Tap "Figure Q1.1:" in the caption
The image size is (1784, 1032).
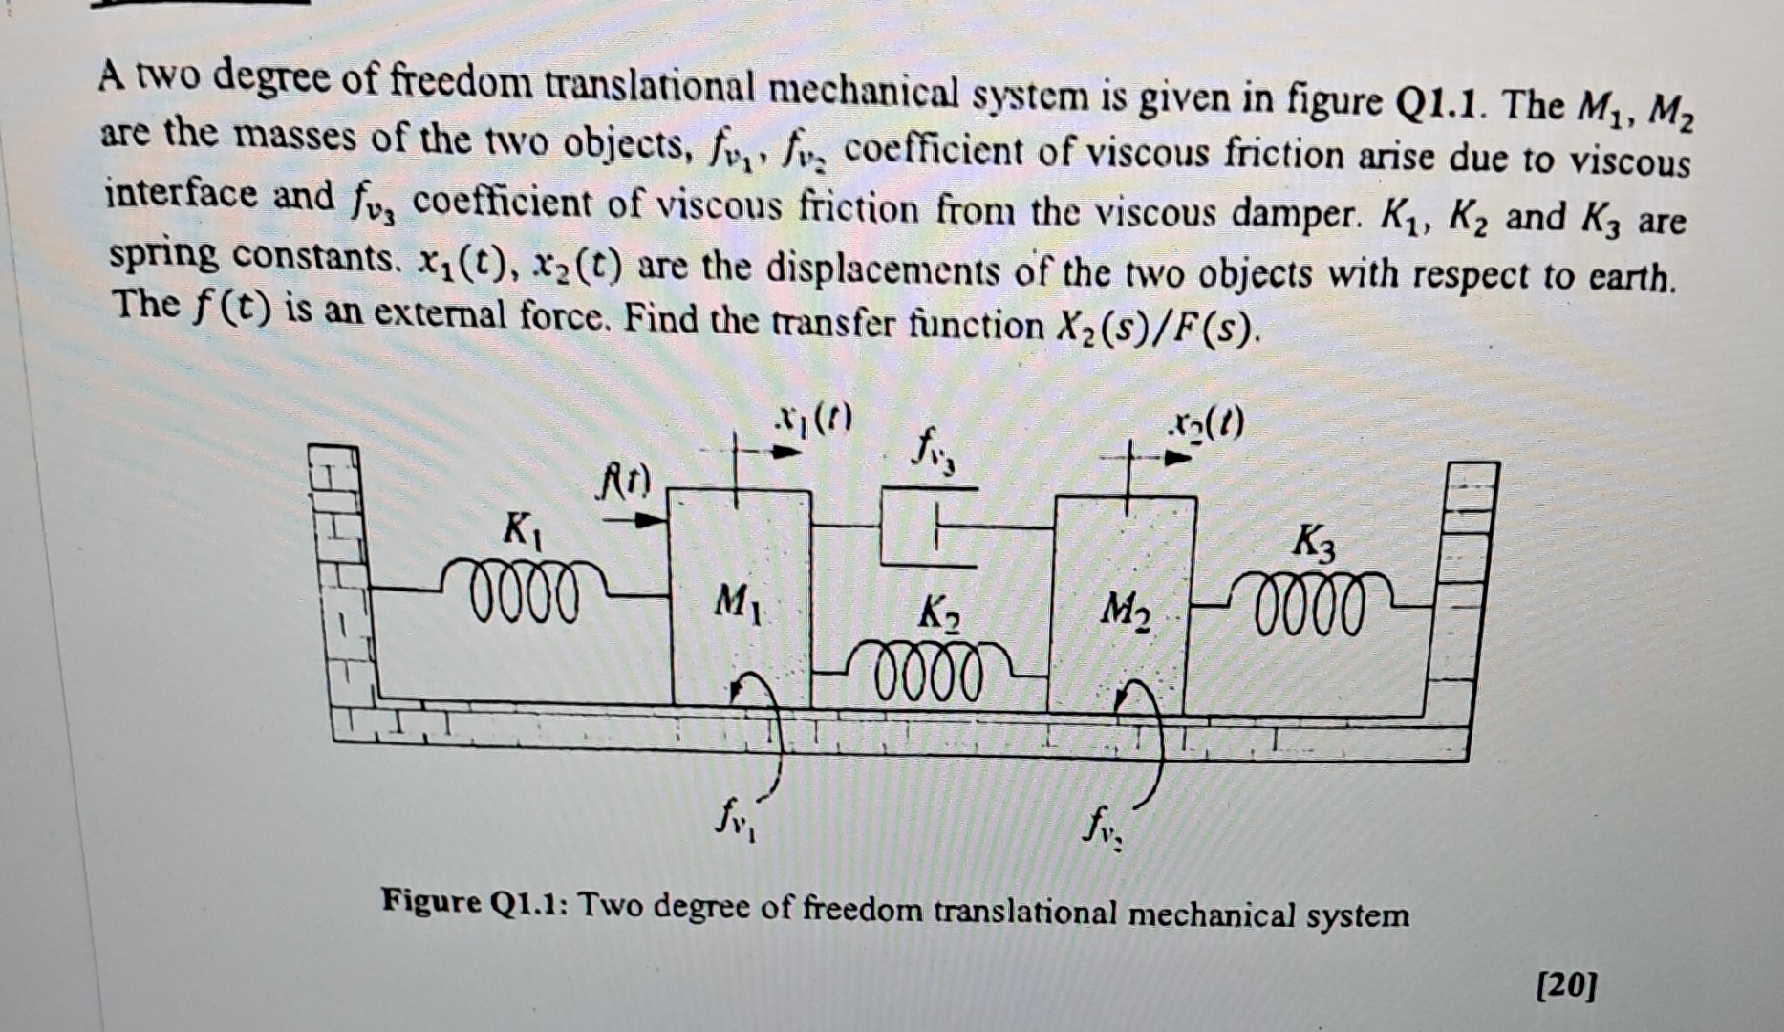[x=473, y=901]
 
